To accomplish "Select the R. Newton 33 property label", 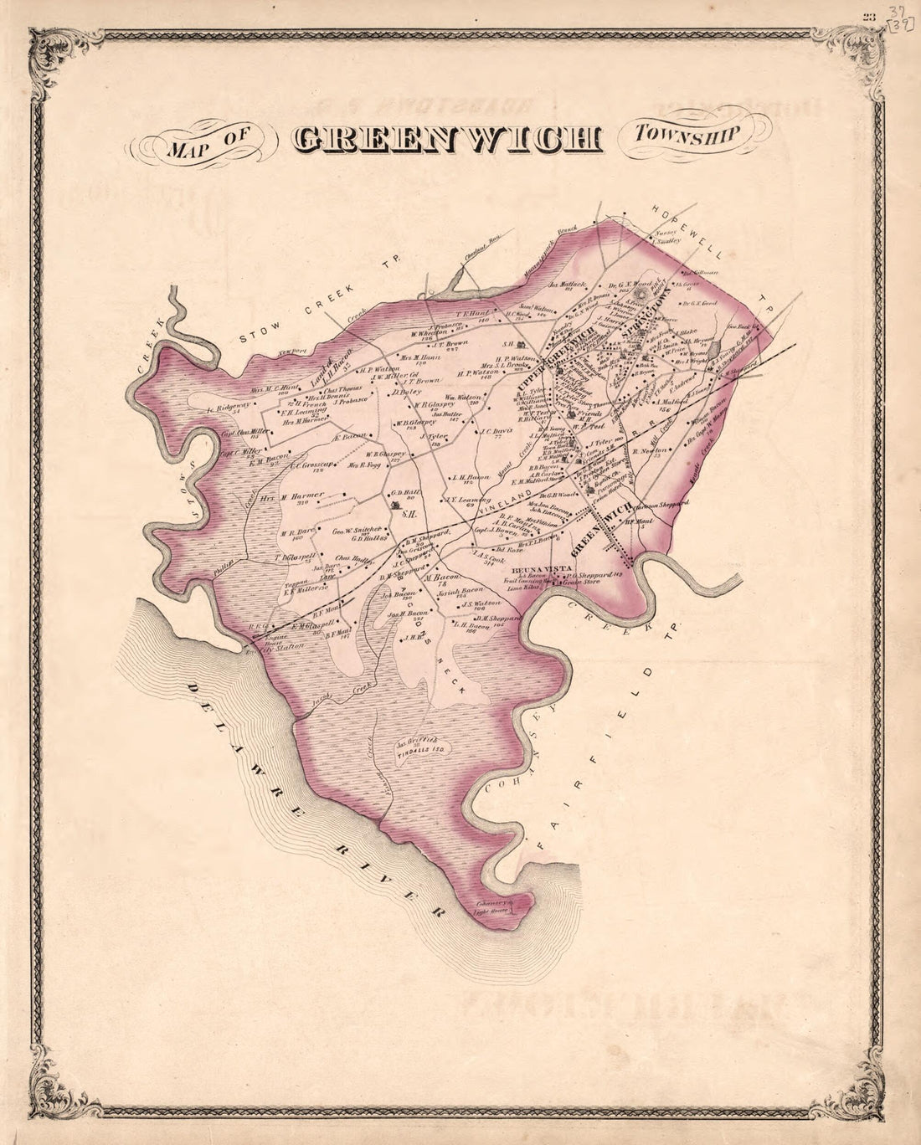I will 648,453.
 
